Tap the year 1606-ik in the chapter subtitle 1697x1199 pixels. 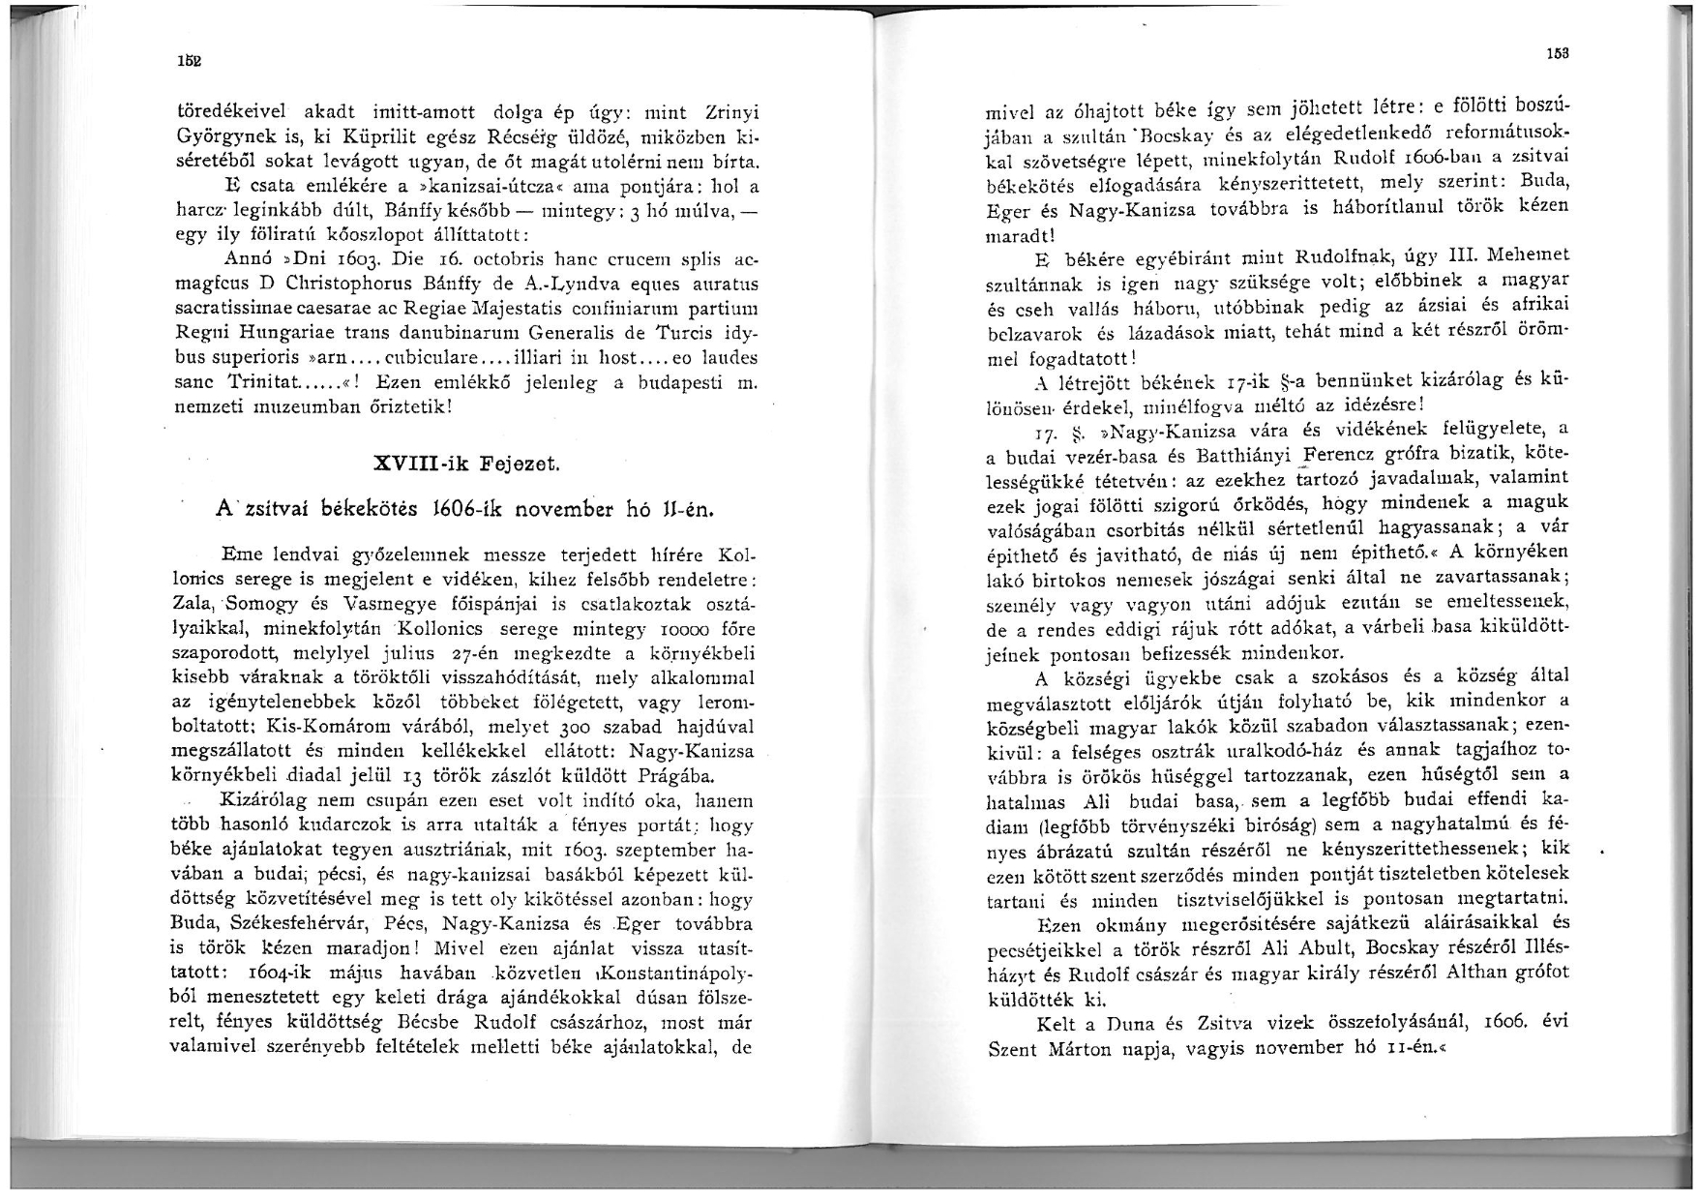point(480,508)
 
